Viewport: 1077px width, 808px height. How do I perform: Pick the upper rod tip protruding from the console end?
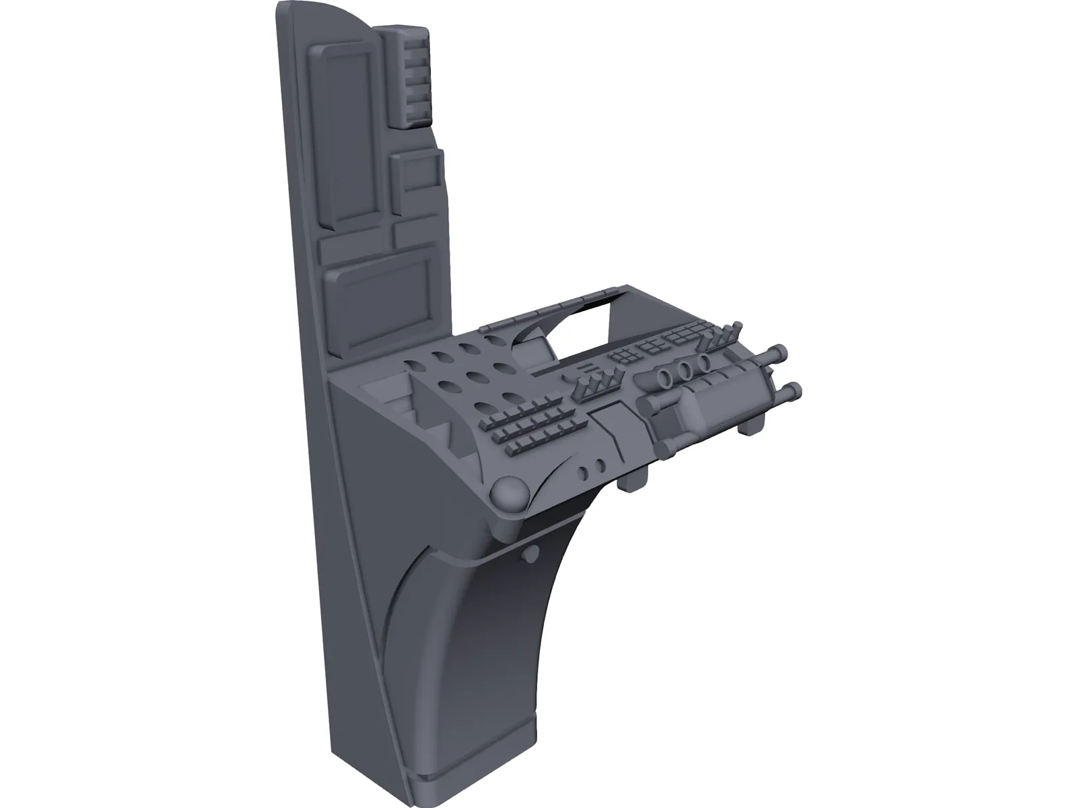click(779, 352)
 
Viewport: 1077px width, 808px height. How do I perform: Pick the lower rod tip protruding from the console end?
click(794, 389)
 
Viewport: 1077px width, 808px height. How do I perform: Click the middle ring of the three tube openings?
click(685, 370)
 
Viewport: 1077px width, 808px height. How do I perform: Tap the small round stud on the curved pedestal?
click(532, 553)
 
